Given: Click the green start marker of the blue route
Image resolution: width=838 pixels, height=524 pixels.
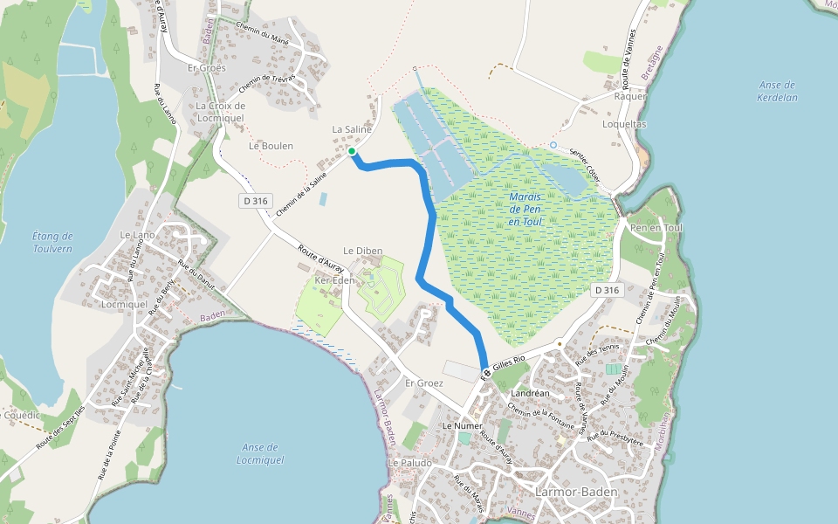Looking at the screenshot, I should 352,152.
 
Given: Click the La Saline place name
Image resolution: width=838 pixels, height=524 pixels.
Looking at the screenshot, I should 352,129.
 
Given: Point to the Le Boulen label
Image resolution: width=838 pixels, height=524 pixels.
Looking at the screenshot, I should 271,146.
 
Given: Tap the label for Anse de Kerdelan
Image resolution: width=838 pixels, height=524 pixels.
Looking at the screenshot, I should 777,91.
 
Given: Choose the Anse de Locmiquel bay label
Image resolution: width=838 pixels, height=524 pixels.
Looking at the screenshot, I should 261,453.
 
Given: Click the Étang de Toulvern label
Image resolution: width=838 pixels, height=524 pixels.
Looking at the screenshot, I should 52,242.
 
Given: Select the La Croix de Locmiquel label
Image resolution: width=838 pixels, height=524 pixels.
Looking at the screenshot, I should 221,112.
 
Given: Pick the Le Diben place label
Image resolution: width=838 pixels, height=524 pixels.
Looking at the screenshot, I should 362,251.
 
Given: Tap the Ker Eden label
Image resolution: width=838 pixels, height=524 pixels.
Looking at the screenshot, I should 334,280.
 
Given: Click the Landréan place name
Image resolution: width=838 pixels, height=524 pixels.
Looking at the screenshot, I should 529,393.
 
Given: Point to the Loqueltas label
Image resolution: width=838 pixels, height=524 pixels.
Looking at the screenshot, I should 624,124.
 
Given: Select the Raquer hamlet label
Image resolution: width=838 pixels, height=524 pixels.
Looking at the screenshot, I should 630,97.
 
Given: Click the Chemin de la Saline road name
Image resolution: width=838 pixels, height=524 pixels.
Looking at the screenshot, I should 300,194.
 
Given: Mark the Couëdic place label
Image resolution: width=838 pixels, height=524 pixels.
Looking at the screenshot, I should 23,416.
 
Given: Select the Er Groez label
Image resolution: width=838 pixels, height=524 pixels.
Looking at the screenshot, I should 424,383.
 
